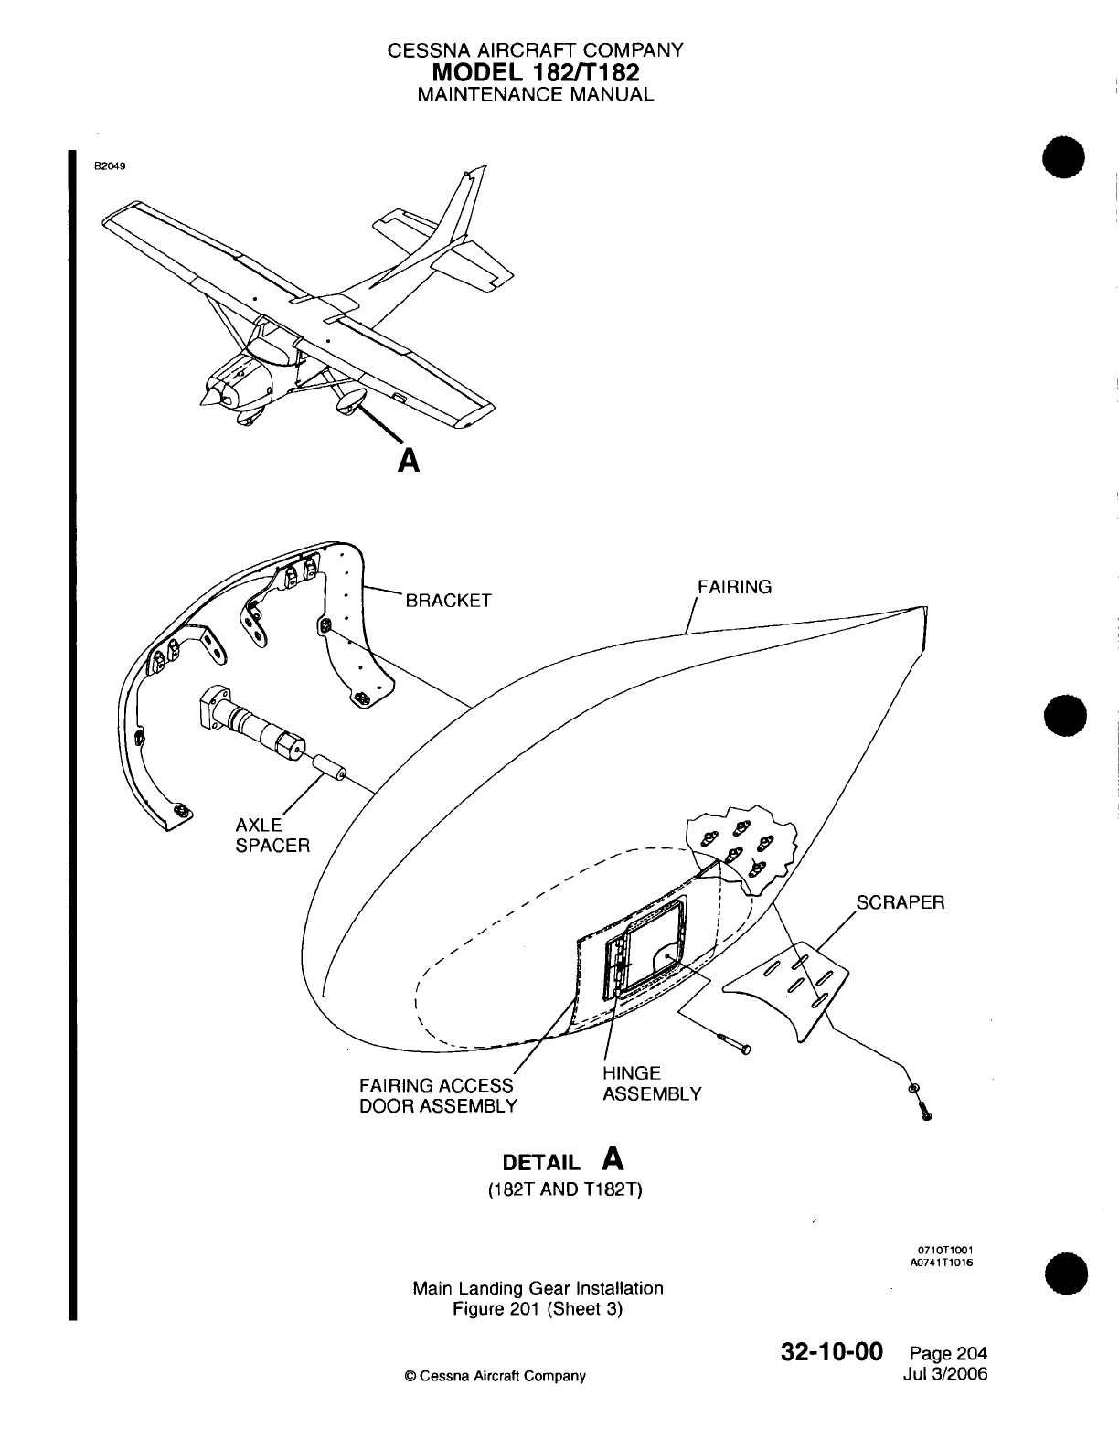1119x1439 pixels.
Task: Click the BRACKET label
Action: point(448,601)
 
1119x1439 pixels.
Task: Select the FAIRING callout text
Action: point(734,587)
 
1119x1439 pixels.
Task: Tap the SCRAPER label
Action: point(900,902)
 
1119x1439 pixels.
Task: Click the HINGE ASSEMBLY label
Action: point(651,1083)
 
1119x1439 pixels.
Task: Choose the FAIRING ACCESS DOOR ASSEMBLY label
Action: point(437,1095)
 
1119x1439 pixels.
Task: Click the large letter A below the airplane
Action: point(409,459)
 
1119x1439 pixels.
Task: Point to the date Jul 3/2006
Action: point(944,1374)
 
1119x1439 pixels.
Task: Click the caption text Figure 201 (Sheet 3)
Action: point(538,1309)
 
